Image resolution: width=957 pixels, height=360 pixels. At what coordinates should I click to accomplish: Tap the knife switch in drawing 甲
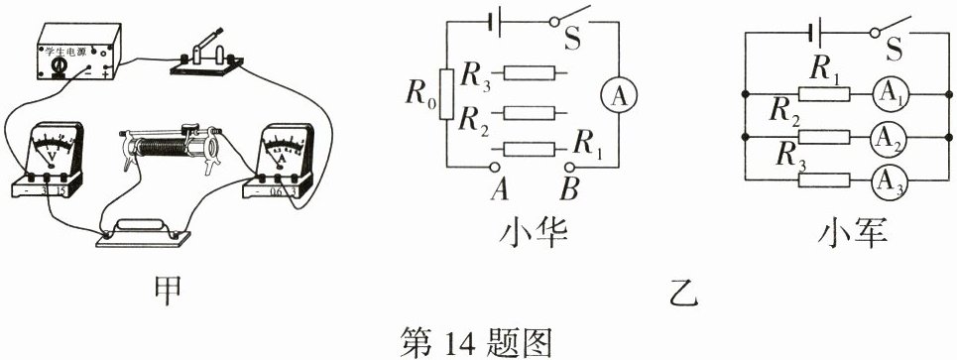(205, 58)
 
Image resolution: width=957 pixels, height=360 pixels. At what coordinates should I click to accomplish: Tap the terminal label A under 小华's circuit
(500, 186)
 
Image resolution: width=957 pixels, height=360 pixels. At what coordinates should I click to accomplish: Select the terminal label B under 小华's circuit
(571, 186)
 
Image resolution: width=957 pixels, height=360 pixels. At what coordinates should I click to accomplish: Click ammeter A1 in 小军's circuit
(889, 93)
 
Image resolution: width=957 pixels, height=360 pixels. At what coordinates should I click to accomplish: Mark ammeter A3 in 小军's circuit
(889, 180)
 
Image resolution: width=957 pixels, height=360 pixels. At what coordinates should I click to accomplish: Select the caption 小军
(849, 234)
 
